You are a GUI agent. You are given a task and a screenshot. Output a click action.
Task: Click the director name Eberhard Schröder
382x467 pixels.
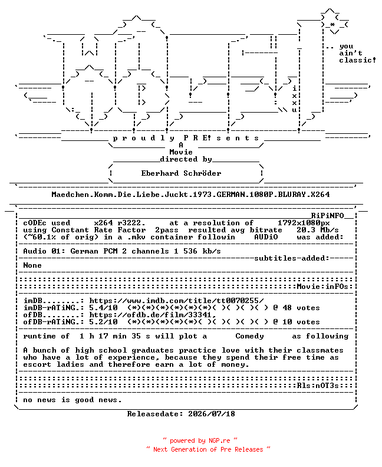click(181, 173)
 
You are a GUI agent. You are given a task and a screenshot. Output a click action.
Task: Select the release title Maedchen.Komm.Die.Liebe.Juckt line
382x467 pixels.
click(190, 195)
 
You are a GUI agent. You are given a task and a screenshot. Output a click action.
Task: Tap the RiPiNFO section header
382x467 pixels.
click(328, 216)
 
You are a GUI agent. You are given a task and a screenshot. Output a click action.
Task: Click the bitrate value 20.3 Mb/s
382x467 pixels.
click(318, 230)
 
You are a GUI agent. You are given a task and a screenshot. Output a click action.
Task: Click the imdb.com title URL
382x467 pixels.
click(177, 301)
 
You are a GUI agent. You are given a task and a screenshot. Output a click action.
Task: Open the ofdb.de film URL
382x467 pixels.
click(153, 315)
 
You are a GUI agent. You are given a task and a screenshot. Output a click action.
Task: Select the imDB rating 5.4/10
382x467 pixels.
click(103, 308)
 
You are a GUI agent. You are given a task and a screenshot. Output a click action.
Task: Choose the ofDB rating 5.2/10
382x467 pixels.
click(103, 322)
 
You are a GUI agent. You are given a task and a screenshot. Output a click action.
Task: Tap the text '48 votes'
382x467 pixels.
click(301, 308)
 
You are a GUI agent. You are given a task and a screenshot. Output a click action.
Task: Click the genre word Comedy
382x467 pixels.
click(249, 336)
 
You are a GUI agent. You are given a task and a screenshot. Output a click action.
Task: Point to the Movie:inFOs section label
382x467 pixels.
click(322, 287)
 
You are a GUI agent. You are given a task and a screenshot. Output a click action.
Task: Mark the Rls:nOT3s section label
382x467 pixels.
click(318, 386)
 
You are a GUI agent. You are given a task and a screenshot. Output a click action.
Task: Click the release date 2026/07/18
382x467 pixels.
click(212, 414)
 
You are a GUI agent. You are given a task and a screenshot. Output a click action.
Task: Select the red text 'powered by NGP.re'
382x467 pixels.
click(200, 440)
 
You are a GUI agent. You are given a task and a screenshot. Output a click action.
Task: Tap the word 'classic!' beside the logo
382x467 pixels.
click(357, 60)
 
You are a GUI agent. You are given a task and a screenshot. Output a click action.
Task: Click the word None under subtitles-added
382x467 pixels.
click(32, 265)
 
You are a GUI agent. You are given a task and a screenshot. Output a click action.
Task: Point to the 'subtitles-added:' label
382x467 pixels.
click(292, 258)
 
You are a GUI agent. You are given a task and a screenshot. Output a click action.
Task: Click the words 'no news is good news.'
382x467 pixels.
click(73, 400)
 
